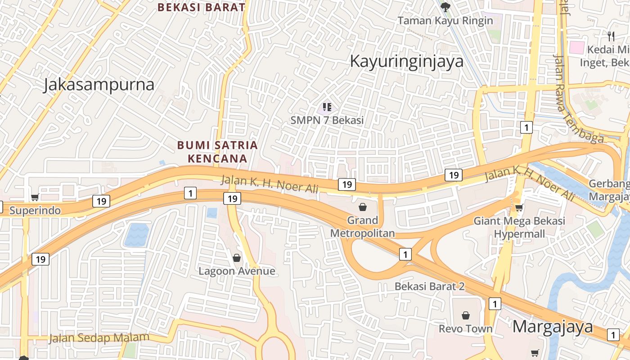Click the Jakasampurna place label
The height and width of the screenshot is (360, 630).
click(x=99, y=85)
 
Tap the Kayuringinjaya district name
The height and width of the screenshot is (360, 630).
click(x=406, y=61)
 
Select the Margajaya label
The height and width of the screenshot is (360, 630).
click(x=553, y=327)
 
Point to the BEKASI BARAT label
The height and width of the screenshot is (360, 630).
click(x=201, y=7)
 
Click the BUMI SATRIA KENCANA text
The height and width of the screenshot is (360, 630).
click(x=217, y=152)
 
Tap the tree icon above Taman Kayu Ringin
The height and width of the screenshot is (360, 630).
click(x=445, y=7)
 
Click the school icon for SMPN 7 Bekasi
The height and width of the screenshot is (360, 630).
click(x=327, y=107)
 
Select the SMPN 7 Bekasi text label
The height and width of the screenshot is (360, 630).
click(x=327, y=120)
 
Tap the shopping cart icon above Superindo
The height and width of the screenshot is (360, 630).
click(x=35, y=197)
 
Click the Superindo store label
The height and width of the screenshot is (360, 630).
click(x=35, y=210)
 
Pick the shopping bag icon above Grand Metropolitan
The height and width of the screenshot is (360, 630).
click(x=362, y=207)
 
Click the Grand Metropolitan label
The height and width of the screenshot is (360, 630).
click(x=362, y=226)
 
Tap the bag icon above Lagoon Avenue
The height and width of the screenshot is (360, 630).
click(x=237, y=258)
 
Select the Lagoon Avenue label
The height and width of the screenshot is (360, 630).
click(x=237, y=271)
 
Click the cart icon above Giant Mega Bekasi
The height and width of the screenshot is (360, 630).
click(x=519, y=207)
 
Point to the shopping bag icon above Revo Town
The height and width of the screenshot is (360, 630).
click(x=466, y=315)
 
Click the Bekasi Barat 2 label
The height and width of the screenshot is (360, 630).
click(x=429, y=286)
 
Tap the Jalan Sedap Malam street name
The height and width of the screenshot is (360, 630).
click(x=99, y=337)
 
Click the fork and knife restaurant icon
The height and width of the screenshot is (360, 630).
click(x=611, y=36)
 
